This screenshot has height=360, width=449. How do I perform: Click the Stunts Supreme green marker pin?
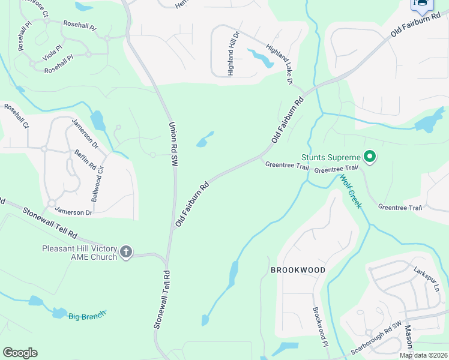pos(370,157)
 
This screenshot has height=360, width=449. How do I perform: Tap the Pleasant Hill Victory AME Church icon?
pos(126,251)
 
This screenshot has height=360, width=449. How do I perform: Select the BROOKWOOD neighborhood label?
pos(298,270)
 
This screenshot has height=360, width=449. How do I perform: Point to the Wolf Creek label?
pos(351,191)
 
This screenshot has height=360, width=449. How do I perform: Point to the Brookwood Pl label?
pos(319,326)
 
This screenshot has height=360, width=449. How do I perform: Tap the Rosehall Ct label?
pos(16,116)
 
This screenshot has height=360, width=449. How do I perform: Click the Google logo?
pos(20,353)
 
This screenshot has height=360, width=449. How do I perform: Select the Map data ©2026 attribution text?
pos(423,355)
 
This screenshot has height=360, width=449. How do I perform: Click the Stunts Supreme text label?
pos(330,157)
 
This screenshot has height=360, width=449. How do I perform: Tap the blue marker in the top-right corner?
pos(422,5)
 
